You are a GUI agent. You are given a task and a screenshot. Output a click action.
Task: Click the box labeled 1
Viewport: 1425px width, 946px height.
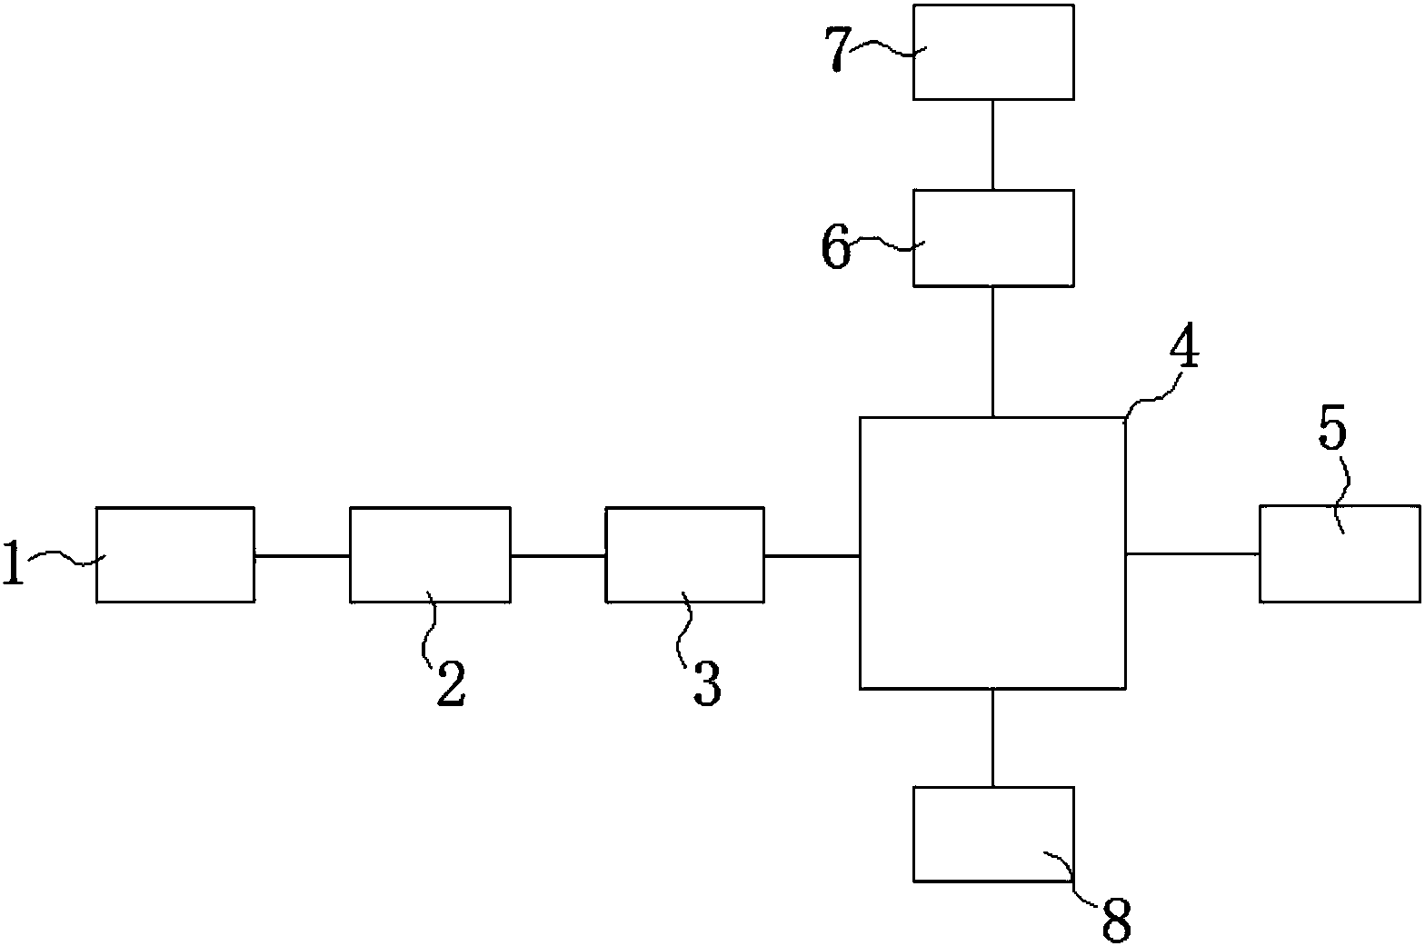tap(174, 554)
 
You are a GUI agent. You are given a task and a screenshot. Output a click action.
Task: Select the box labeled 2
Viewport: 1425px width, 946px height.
tap(430, 554)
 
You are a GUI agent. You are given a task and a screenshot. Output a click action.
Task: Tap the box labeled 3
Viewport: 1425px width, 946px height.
tap(684, 554)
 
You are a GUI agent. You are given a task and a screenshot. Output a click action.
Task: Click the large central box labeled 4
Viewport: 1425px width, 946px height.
tap(992, 553)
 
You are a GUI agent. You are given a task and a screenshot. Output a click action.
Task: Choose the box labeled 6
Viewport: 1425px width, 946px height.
tap(992, 238)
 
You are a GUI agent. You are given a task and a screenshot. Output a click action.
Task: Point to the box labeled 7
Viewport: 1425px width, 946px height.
tap(992, 52)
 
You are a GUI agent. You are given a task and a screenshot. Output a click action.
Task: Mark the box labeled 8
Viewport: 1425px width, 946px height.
tap(992, 833)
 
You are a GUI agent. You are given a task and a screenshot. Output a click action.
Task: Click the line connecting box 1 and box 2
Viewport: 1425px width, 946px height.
tap(302, 554)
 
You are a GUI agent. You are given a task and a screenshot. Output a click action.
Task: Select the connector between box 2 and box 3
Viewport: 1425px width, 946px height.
tap(557, 554)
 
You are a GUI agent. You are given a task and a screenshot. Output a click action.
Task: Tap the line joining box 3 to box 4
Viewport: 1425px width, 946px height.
tap(812, 554)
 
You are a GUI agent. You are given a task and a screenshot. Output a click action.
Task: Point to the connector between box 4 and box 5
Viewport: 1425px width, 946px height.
tap(1192, 553)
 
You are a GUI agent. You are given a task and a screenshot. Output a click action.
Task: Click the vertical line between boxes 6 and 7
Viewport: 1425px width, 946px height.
tap(992, 144)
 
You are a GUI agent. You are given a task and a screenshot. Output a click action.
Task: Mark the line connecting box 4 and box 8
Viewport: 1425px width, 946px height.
tap(992, 737)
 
